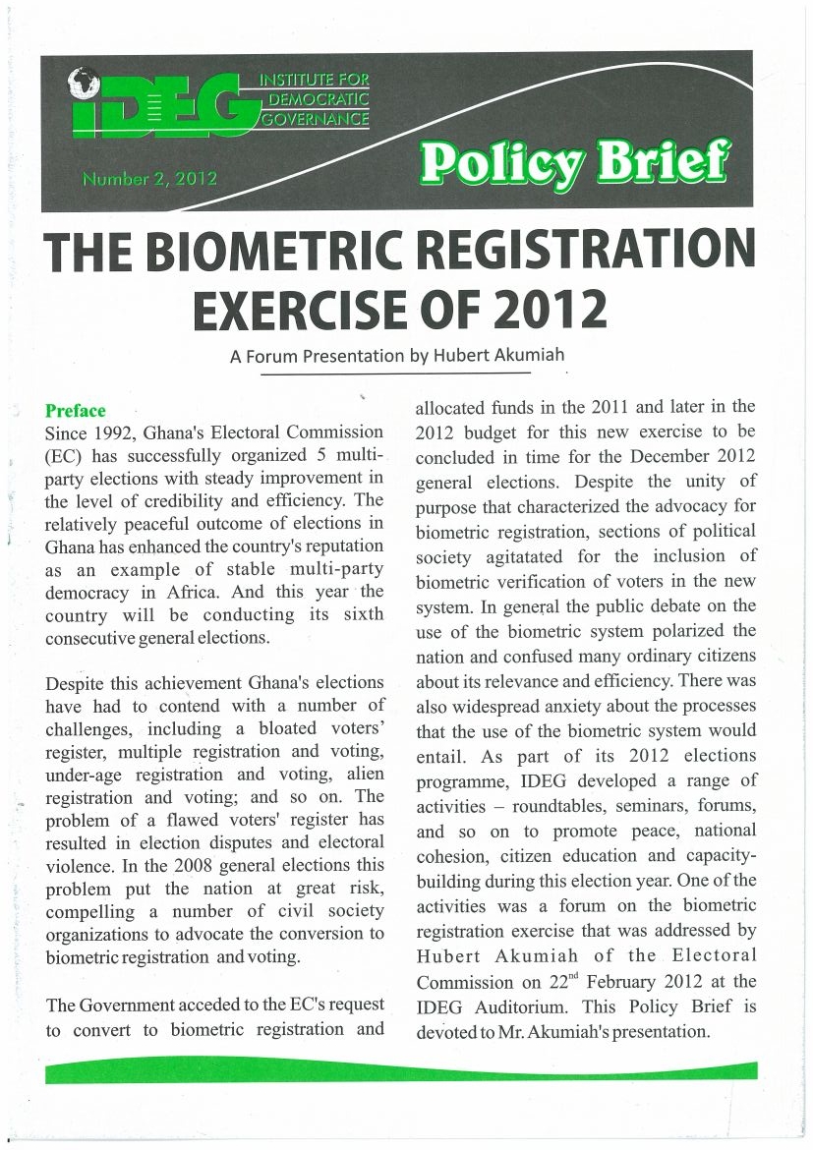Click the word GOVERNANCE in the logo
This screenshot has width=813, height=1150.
pyautogui.click(x=313, y=120)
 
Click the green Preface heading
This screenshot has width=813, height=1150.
pyautogui.click(x=75, y=410)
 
